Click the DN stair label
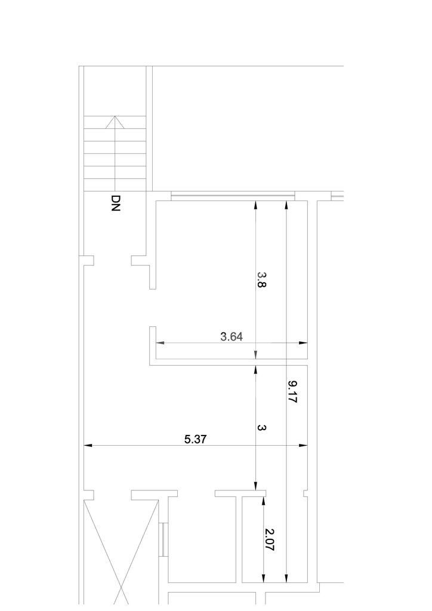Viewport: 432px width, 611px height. (116, 203)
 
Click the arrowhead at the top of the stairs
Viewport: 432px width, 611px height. (115, 122)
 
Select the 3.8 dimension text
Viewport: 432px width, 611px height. (261, 279)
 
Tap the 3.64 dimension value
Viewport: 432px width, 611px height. (232, 337)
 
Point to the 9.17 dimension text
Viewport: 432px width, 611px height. (292, 392)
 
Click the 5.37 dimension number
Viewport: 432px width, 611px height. (195, 439)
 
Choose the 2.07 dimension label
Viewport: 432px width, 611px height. (269, 539)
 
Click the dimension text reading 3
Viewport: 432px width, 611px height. (262, 427)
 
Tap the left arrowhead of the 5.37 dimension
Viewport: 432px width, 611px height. (88, 445)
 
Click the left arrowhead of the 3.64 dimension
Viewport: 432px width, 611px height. (160, 343)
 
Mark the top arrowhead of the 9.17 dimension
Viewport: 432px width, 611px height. (286, 205)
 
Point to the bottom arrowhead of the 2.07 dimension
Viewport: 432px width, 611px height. (264, 578)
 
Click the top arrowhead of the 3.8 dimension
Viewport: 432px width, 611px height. (255, 205)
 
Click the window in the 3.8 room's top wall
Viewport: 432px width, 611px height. (233, 196)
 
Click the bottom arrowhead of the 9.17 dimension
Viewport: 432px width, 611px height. (286, 578)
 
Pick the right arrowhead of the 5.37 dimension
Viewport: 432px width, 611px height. (303, 445)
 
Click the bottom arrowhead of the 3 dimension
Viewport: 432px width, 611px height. (255, 486)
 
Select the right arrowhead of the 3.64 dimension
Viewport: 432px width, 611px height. (303, 343)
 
